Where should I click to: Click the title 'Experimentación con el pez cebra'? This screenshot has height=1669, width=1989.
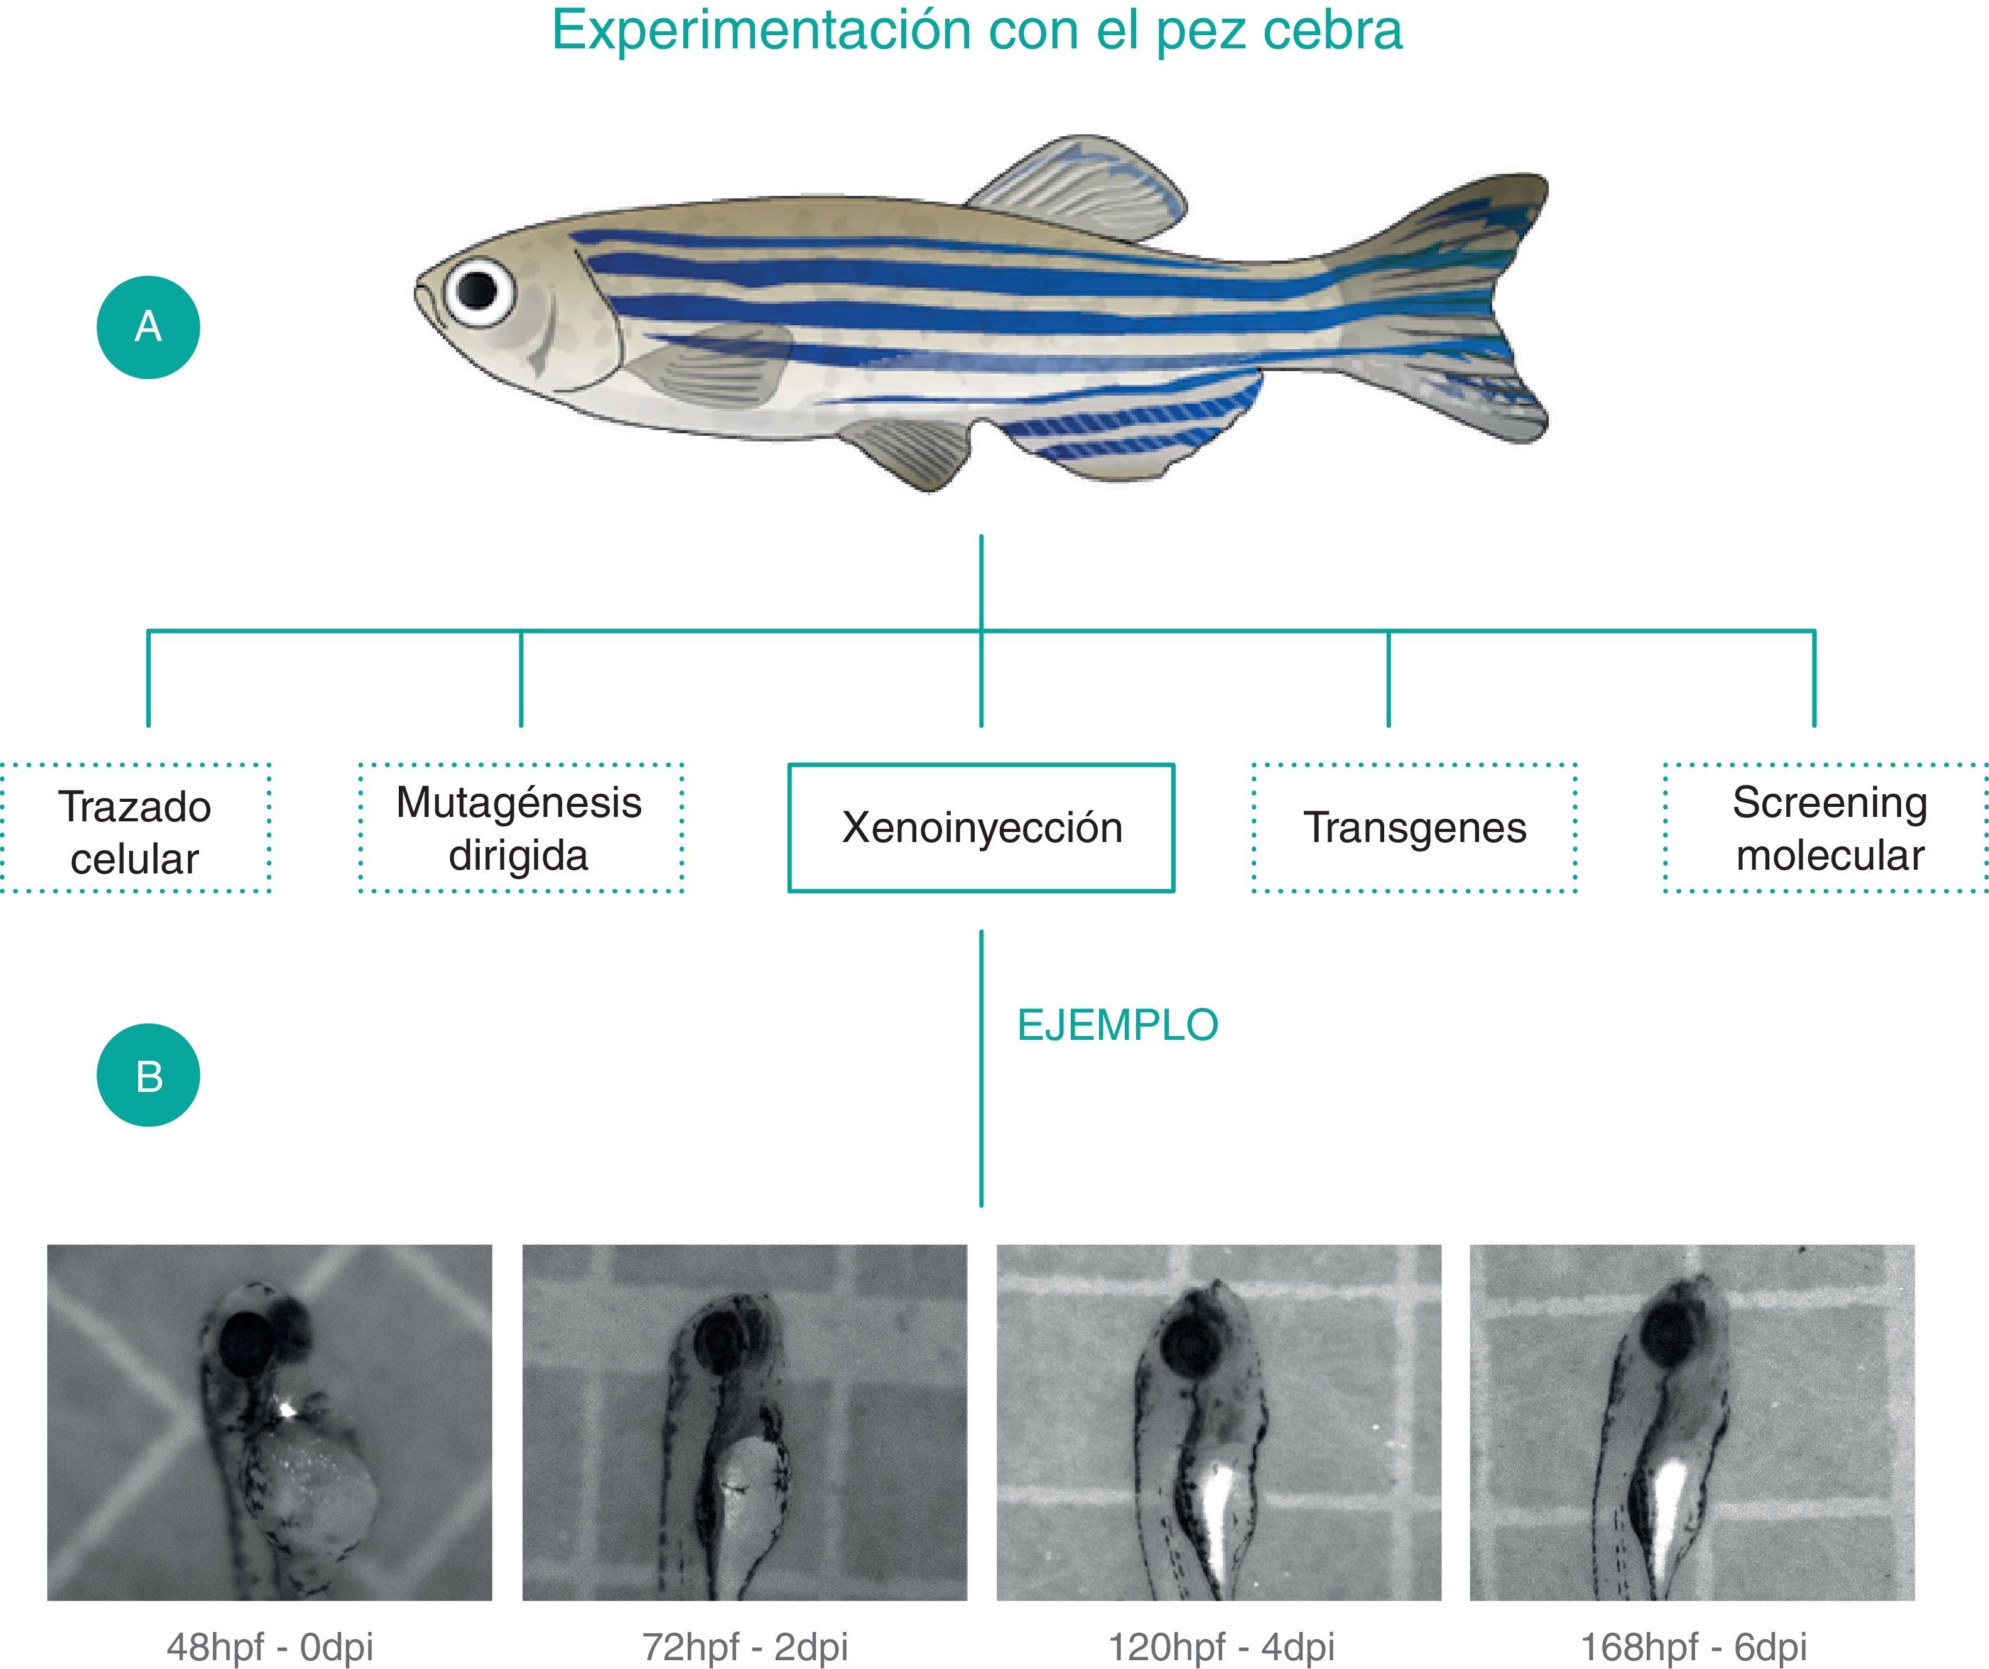coord(977,30)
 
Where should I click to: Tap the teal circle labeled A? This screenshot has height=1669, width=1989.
coord(148,327)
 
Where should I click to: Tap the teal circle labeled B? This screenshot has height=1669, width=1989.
coord(148,1075)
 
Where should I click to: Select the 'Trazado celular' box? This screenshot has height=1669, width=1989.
coord(134,828)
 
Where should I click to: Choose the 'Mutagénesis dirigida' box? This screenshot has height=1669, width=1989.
coord(520,828)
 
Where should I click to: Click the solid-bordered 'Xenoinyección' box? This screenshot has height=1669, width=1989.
coord(981,828)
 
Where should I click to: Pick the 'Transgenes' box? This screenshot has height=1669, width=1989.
coord(1414,828)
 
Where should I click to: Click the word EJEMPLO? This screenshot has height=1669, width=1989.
coord(1118,1025)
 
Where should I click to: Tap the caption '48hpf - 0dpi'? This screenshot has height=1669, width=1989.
coord(270,1645)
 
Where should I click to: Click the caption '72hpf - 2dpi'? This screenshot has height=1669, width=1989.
coord(744,1645)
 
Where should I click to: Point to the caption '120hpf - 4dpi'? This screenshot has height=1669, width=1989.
coord(1221,1645)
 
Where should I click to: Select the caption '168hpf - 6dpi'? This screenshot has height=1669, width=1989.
coord(1693,1645)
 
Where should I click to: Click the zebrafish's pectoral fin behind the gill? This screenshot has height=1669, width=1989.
coord(720,365)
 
